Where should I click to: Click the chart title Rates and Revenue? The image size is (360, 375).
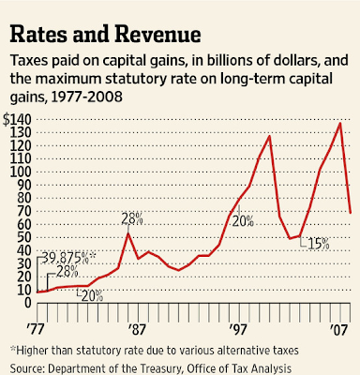click(105, 34)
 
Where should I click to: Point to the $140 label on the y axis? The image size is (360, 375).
click(18, 120)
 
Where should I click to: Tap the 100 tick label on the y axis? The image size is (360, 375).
click(21, 172)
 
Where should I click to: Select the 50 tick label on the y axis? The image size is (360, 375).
click(24, 237)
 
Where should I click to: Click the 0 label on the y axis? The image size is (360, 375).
click(28, 303)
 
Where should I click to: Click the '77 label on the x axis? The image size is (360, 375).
click(34, 330)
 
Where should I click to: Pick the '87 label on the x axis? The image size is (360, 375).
click(137, 330)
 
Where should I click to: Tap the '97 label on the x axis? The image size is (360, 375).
click(238, 330)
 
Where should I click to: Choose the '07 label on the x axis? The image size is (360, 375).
click(339, 330)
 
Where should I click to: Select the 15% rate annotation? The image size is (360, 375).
click(319, 244)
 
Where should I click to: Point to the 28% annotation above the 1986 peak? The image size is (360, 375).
click(132, 218)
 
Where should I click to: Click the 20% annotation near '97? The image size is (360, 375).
click(243, 221)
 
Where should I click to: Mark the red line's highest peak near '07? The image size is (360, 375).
click(340, 123)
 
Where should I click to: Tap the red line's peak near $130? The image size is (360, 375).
click(269, 136)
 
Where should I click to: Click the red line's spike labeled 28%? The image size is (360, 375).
click(127, 233)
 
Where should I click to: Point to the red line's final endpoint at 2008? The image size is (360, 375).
click(351, 213)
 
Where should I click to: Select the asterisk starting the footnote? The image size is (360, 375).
click(13, 349)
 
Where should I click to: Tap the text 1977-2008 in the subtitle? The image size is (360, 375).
click(86, 97)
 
